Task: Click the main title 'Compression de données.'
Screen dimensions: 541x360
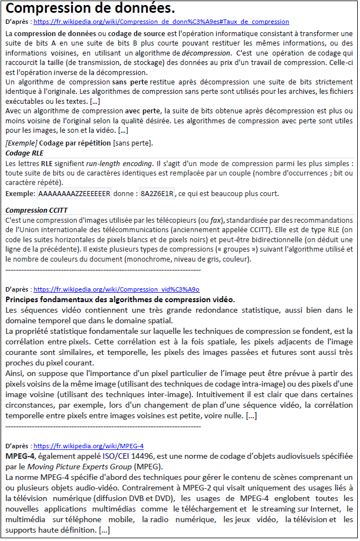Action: [x=90, y=9]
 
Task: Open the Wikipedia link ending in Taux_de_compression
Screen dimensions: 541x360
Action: [x=161, y=22]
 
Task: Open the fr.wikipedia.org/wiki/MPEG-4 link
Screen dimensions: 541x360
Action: [x=89, y=446]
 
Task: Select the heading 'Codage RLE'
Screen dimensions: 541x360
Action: [x=24, y=153]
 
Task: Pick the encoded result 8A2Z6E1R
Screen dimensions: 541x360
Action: [x=157, y=194]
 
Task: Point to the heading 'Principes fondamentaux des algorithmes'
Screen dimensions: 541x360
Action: [x=120, y=299]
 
